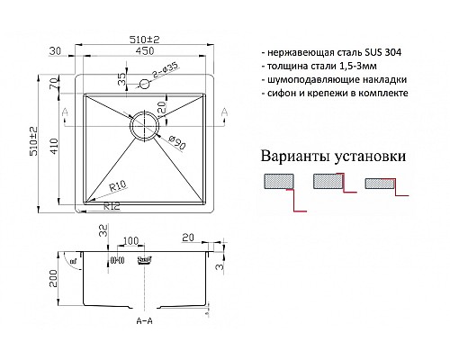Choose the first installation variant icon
point(278,184)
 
